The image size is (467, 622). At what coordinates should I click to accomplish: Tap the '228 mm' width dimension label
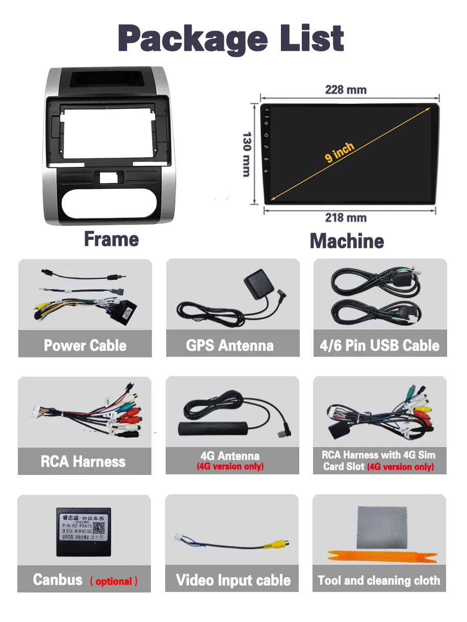point(346,90)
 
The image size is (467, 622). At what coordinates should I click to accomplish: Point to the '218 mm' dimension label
point(346,218)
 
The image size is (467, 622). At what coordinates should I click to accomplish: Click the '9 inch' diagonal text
point(340,153)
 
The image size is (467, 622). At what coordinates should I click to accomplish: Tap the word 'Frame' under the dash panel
point(111,239)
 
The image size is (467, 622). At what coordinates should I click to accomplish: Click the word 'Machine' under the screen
point(347,241)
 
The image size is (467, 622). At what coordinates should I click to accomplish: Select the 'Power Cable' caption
point(85,346)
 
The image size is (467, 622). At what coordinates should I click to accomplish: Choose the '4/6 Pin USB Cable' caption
point(379,346)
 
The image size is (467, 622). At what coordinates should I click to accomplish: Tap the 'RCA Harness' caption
point(83,462)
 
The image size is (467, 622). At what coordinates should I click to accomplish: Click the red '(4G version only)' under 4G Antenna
point(230,466)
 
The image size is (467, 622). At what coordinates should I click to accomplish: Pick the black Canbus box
point(84,531)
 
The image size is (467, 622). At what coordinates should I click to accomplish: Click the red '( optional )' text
point(114,581)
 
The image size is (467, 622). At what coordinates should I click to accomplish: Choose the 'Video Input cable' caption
point(233,580)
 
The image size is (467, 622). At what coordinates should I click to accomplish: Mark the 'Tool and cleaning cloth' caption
point(379,581)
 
